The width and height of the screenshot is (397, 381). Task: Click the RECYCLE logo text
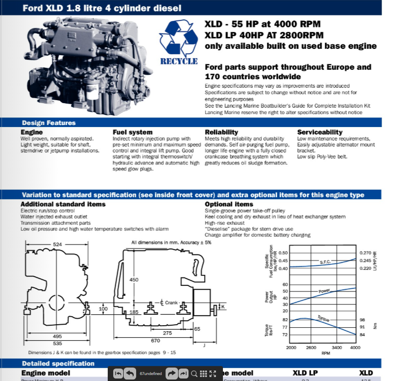[x=179, y=61]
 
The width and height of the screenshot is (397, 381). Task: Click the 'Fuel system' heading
[x=132, y=132]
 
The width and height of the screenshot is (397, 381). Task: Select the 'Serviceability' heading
[x=320, y=132]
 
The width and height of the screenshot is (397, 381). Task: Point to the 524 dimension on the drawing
[x=58, y=245]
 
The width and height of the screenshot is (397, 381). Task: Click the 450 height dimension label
[x=134, y=280]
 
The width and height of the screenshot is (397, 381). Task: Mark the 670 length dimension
[x=155, y=341]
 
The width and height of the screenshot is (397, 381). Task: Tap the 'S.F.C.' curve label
[x=325, y=262]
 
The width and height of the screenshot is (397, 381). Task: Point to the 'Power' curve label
[x=324, y=290]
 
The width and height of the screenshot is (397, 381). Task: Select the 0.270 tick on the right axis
[x=366, y=253]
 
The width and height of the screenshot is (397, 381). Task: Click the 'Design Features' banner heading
[x=48, y=123]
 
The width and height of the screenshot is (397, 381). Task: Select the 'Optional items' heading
[x=229, y=204]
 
